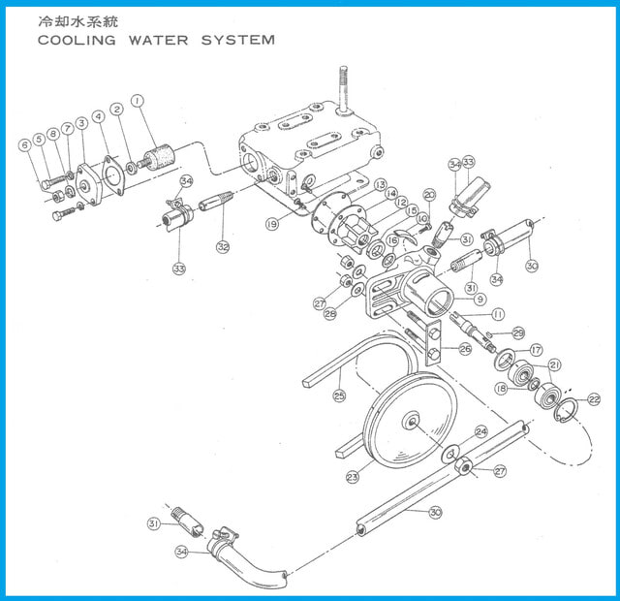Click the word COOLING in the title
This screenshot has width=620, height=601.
click(77, 40)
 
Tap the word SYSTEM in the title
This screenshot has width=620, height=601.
click(238, 40)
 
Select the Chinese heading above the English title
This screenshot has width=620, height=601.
click(77, 21)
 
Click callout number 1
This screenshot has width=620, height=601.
click(138, 101)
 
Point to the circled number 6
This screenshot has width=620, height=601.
click(25, 145)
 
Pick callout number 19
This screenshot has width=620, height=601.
click(272, 224)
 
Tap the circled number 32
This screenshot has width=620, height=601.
click(223, 247)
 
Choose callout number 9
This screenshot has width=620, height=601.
click(480, 300)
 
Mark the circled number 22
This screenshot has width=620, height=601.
click(594, 399)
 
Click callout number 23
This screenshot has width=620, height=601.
click(353, 477)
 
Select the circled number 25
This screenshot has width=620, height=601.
click(339, 395)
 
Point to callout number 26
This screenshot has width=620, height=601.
click(465, 349)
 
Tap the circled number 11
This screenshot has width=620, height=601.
click(498, 314)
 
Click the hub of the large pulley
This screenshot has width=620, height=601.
click(411, 421)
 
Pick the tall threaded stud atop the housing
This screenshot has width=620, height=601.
click(344, 88)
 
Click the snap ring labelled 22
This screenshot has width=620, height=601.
click(566, 411)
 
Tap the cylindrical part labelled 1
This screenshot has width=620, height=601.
click(158, 159)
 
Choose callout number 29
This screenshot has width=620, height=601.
click(518, 333)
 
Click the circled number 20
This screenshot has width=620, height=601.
click(429, 195)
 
